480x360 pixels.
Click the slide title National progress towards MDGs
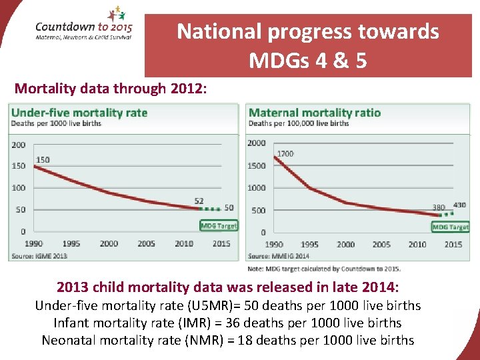tap(307, 45)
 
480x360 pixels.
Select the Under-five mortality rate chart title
tap(79, 112)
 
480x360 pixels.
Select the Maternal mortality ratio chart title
tap(314, 112)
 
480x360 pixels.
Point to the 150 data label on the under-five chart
tap(43, 159)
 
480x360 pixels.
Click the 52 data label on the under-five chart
tap(199, 201)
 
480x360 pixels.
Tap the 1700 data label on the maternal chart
tap(285, 154)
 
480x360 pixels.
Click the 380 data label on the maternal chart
tap(438, 207)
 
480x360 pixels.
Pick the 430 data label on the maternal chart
tap(459, 205)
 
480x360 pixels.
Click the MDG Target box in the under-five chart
tap(219, 225)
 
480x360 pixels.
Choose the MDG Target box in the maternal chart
tap(450, 227)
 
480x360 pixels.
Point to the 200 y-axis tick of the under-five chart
tap(19, 145)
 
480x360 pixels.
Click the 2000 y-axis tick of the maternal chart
tap(256, 143)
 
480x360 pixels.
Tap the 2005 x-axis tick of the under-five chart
tap(146, 244)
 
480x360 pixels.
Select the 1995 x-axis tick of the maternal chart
tap(309, 245)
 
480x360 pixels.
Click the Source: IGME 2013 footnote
tap(38, 256)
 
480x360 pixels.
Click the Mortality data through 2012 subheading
tap(111, 88)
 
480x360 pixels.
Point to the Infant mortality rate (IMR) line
tap(227, 323)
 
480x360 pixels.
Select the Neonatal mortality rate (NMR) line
tap(227, 340)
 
